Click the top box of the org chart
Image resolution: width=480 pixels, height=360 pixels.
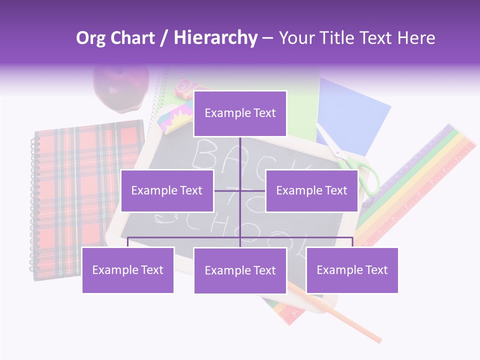point(240,113)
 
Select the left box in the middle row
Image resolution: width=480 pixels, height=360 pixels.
point(167,190)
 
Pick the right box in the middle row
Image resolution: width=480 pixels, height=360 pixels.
point(311,190)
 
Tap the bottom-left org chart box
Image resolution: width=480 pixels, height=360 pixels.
point(128,270)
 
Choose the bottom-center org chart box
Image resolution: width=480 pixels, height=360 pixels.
point(240,270)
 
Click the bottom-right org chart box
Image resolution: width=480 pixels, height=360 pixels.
point(352,270)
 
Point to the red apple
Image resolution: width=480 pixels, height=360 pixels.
point(122,87)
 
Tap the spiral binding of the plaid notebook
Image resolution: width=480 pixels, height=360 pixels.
point(34,205)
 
